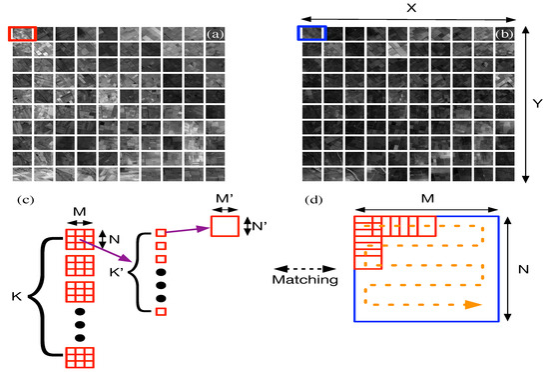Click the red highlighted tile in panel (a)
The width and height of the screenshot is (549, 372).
[x=22, y=34]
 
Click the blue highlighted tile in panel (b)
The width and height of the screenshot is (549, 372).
[x=311, y=34]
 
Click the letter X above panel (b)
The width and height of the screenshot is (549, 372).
[x=409, y=8]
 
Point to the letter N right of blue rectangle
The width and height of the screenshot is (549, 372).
[x=519, y=269]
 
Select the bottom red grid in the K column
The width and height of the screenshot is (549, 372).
[x=79, y=357]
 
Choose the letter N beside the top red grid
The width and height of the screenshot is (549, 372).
[x=116, y=240]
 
